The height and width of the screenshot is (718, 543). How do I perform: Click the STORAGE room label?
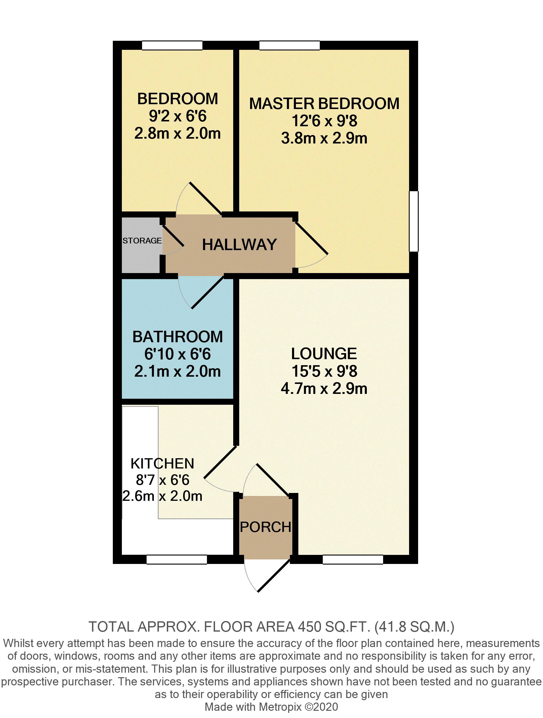pyautogui.click(x=142, y=240)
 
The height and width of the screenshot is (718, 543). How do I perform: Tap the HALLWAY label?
pyautogui.click(x=239, y=245)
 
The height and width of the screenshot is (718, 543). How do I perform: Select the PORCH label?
pyautogui.click(x=265, y=527)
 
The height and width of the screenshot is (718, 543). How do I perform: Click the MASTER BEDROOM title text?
pyautogui.click(x=324, y=104)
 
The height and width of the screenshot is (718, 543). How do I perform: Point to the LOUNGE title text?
pyautogui.click(x=324, y=353)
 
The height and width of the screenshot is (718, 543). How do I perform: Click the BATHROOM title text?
pyautogui.click(x=178, y=336)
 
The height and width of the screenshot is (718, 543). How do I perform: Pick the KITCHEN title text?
pyautogui.click(x=162, y=464)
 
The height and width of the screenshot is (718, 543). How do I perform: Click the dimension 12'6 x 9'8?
pyautogui.click(x=324, y=121)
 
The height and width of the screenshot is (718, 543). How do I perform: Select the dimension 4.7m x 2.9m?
pyautogui.click(x=324, y=388)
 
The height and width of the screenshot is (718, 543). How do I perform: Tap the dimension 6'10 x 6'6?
pyautogui.click(x=177, y=354)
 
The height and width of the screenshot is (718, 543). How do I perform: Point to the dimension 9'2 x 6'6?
pyautogui.click(x=177, y=116)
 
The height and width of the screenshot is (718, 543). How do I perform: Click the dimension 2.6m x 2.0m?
pyautogui.click(x=162, y=496)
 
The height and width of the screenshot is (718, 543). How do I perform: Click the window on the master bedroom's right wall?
pyautogui.click(x=414, y=221)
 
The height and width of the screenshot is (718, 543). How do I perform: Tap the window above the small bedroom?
pyautogui.click(x=172, y=45)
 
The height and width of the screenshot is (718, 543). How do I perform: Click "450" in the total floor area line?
pyautogui.click(x=308, y=626)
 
